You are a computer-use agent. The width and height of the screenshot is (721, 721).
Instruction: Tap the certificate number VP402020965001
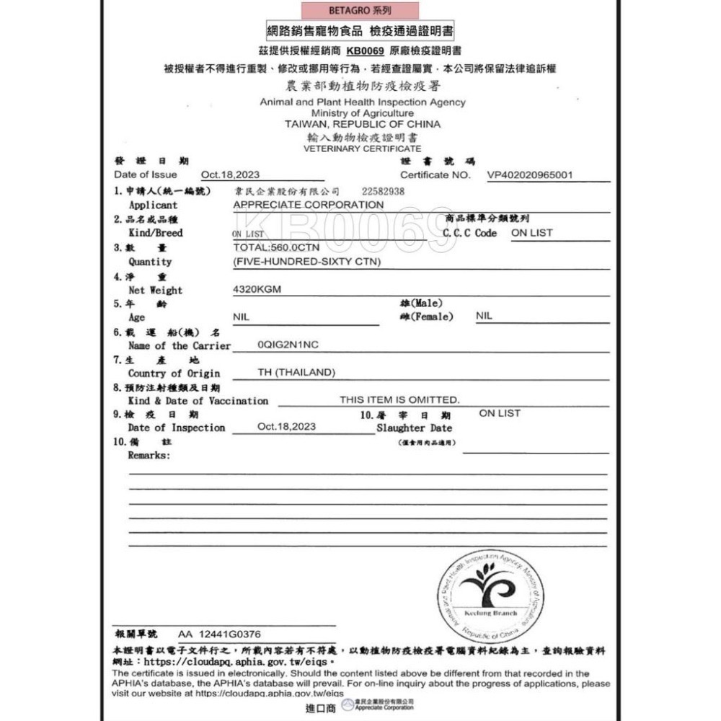click(x=530, y=174)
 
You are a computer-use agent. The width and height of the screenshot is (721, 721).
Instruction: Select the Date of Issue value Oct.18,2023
click(x=230, y=174)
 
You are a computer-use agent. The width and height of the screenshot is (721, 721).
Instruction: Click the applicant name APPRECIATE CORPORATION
click(x=309, y=205)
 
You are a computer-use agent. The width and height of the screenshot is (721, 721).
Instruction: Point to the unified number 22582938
click(x=383, y=192)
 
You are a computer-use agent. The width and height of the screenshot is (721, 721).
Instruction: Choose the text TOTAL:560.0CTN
click(x=277, y=247)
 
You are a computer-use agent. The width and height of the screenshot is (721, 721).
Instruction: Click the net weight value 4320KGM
click(x=257, y=289)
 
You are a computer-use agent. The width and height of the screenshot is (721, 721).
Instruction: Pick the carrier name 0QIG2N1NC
click(x=288, y=345)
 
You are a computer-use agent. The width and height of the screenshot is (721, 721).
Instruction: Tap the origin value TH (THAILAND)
click(x=297, y=373)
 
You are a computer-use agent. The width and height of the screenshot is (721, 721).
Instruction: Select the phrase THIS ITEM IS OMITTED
click(x=399, y=399)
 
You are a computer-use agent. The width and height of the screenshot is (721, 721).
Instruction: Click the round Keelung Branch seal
click(x=490, y=596)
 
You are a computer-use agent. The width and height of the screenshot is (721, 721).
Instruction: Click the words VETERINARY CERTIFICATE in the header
click(x=362, y=148)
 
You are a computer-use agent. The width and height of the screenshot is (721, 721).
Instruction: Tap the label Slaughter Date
click(x=414, y=428)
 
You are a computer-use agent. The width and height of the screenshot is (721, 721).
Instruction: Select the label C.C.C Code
click(x=469, y=233)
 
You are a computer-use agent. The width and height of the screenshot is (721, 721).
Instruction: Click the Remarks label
click(x=149, y=456)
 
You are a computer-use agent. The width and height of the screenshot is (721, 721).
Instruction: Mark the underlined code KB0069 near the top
click(x=366, y=51)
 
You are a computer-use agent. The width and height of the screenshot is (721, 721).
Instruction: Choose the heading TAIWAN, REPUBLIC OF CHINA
click(x=362, y=124)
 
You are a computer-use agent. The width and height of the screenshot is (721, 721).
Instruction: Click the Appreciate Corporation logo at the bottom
click(x=378, y=705)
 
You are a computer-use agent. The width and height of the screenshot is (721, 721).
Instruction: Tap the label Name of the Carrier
click(x=180, y=345)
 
